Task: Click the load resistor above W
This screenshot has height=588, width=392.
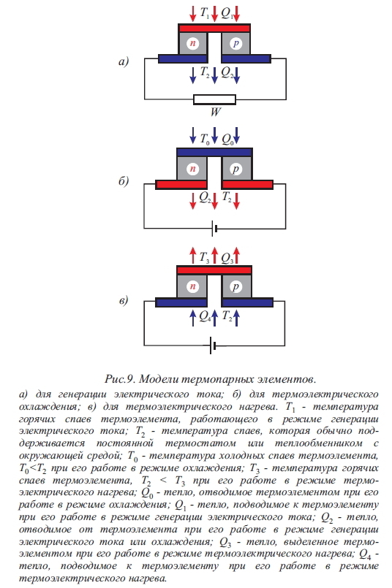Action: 214,99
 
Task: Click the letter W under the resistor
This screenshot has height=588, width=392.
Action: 216,112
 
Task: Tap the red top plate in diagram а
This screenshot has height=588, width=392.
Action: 214,28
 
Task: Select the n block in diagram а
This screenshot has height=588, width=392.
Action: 192,44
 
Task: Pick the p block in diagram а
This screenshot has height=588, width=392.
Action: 235,44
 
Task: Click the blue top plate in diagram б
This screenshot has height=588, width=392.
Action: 214,152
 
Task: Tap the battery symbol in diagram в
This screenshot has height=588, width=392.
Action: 213,345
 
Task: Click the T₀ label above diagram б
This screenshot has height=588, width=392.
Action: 205,140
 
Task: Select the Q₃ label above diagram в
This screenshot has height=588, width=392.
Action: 227,258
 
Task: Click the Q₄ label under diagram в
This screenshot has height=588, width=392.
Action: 205,317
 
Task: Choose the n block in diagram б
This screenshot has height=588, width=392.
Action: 192,169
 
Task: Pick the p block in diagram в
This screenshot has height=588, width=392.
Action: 236,286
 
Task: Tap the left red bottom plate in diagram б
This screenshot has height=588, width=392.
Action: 181,185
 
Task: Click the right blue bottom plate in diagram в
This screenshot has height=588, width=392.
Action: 247,302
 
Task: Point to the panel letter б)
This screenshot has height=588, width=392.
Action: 124,181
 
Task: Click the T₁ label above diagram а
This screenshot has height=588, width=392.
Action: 205,13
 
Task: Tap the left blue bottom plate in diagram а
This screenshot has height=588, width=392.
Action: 183,59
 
